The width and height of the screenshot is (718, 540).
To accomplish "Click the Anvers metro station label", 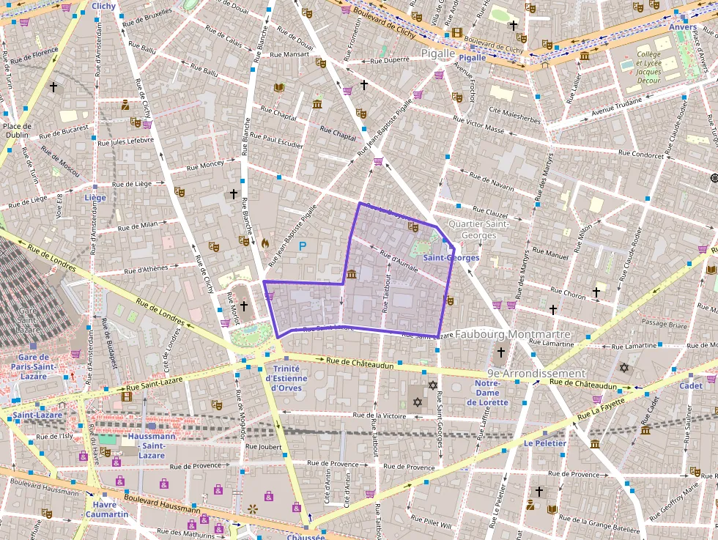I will pyautogui.click(x=683, y=27).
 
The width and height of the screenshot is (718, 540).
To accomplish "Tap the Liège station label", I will pyautogui.click(x=95, y=197).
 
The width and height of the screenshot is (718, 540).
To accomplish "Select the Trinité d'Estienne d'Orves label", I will pyautogui.click(x=287, y=378).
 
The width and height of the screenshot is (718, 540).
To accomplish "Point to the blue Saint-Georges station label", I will pyautogui.click(x=451, y=258).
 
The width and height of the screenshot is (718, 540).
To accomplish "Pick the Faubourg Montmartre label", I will pyautogui.click(x=512, y=334).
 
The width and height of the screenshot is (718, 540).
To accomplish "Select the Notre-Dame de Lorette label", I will pyautogui.click(x=487, y=393).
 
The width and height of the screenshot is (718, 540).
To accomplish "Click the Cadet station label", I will pyautogui.click(x=690, y=385).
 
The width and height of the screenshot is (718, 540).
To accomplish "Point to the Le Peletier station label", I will pyautogui.click(x=544, y=443).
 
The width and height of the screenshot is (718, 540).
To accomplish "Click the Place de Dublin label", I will pyautogui.click(x=16, y=130).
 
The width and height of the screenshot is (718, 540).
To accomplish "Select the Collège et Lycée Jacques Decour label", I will pyautogui.click(x=648, y=67).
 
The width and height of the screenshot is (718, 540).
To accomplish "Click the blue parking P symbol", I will pyautogui.click(x=302, y=247).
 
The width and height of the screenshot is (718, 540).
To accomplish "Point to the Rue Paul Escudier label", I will pyautogui.click(x=276, y=140).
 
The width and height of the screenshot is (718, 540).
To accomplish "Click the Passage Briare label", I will pyautogui.click(x=664, y=323).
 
